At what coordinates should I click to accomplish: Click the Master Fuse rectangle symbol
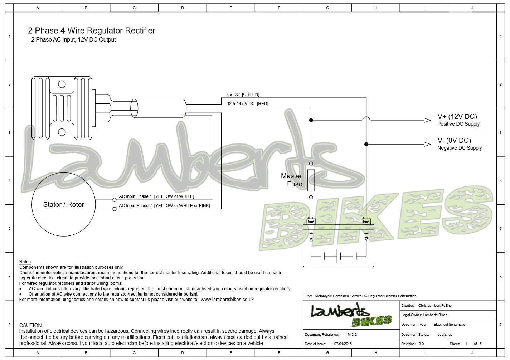[311, 180]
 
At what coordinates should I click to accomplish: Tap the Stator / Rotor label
[63, 204]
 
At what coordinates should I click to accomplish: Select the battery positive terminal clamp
[311, 221]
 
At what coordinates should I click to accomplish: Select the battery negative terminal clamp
[366, 221]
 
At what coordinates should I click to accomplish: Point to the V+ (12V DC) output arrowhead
[427, 120]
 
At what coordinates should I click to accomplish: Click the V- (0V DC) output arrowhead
[427, 144]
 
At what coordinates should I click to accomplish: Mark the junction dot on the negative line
[366, 144]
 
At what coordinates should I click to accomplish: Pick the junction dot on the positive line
[311, 120]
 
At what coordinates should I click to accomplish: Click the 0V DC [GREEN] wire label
[243, 94]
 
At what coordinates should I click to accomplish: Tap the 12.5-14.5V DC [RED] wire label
[248, 104]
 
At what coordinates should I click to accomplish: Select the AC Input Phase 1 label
[156, 196]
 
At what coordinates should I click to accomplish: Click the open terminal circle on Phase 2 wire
[115, 209]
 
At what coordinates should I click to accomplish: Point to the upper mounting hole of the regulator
[62, 84]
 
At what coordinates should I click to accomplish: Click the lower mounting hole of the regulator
[62, 132]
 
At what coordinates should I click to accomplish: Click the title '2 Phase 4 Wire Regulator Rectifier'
[92, 30]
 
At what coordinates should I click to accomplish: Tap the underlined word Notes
[25, 262]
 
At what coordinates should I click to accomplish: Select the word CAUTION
[30, 325]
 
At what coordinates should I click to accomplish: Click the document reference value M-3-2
[352, 335]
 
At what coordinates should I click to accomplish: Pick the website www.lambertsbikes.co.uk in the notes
[227, 300]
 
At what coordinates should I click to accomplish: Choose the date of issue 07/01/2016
[343, 344]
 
